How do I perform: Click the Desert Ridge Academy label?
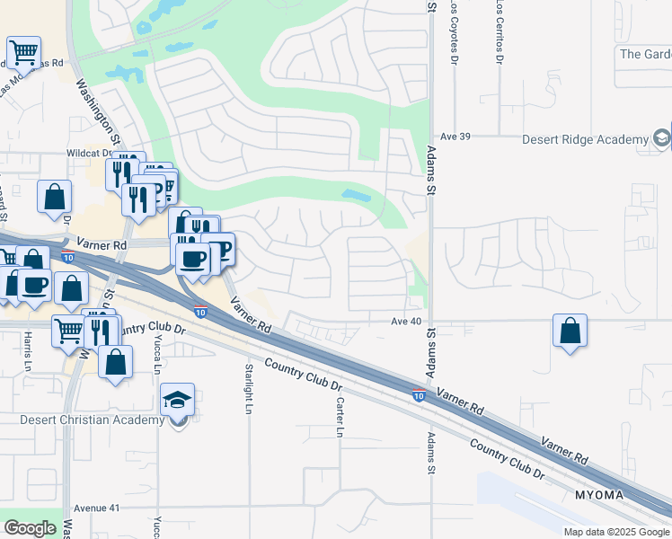coord(585,139)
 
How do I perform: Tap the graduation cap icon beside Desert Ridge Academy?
coord(662,138)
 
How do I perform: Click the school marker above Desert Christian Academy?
coord(177,401)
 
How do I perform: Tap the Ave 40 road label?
coord(406,321)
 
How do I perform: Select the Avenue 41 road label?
coord(96,508)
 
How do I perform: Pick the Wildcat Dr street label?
coord(87,154)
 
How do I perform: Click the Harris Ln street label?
coord(28,355)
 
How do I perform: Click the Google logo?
coord(30,527)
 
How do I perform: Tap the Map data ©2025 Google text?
coord(615,532)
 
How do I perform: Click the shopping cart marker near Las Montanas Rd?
coord(23,52)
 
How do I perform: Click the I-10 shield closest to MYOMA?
coord(419,393)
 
